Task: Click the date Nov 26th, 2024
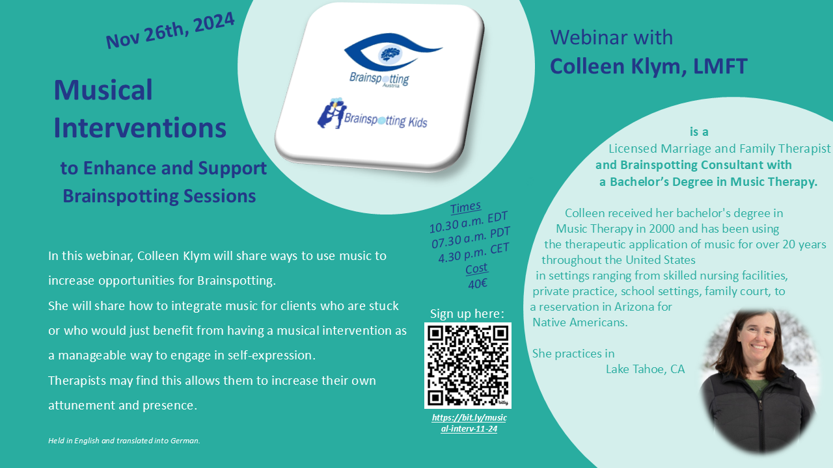170,31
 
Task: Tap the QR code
468,365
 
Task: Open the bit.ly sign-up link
469,423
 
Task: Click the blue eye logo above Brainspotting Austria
392,52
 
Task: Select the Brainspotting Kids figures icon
331,113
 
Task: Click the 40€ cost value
478,284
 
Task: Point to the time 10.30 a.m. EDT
469,222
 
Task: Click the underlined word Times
465,207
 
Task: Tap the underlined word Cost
476,268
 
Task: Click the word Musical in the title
103,90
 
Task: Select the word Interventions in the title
140,127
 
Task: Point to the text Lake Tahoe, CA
645,369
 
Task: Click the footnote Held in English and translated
124,441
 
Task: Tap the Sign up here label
467,314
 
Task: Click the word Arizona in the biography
634,307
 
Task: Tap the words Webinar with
611,38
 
